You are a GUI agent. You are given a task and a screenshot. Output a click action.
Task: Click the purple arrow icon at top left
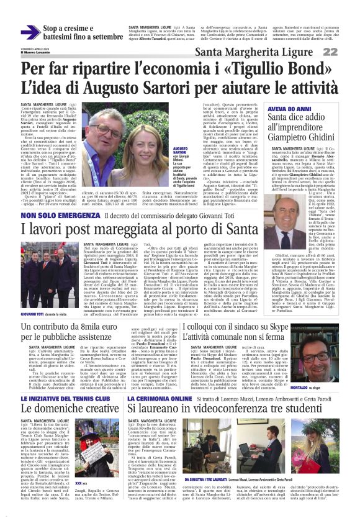pyautogui.click(x=30, y=33)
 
